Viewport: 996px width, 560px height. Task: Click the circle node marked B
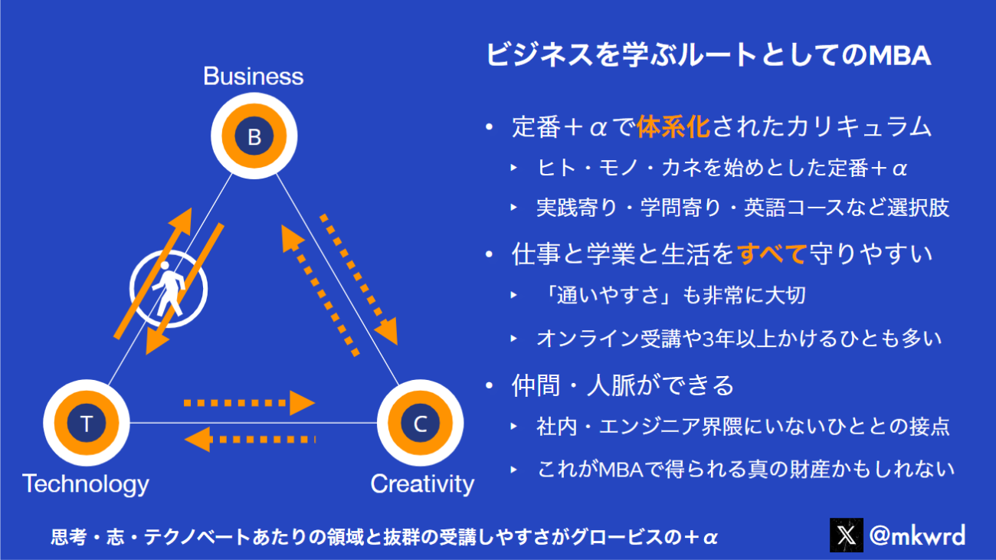point(254,137)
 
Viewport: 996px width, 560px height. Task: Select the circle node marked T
point(86,424)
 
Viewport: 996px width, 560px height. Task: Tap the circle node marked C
point(420,424)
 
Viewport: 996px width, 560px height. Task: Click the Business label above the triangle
point(253,77)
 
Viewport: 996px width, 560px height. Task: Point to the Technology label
point(85,484)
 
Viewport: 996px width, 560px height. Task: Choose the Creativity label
point(422,484)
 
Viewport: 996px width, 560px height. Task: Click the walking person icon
point(169,289)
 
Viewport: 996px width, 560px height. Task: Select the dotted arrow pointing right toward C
point(250,401)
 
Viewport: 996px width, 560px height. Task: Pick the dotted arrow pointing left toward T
point(250,440)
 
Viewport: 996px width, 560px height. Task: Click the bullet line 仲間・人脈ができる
point(623,385)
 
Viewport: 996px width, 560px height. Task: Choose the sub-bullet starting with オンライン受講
point(739,338)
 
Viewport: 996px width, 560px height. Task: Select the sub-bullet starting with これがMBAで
point(745,468)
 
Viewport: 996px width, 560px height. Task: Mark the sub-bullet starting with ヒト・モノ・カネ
point(722,168)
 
